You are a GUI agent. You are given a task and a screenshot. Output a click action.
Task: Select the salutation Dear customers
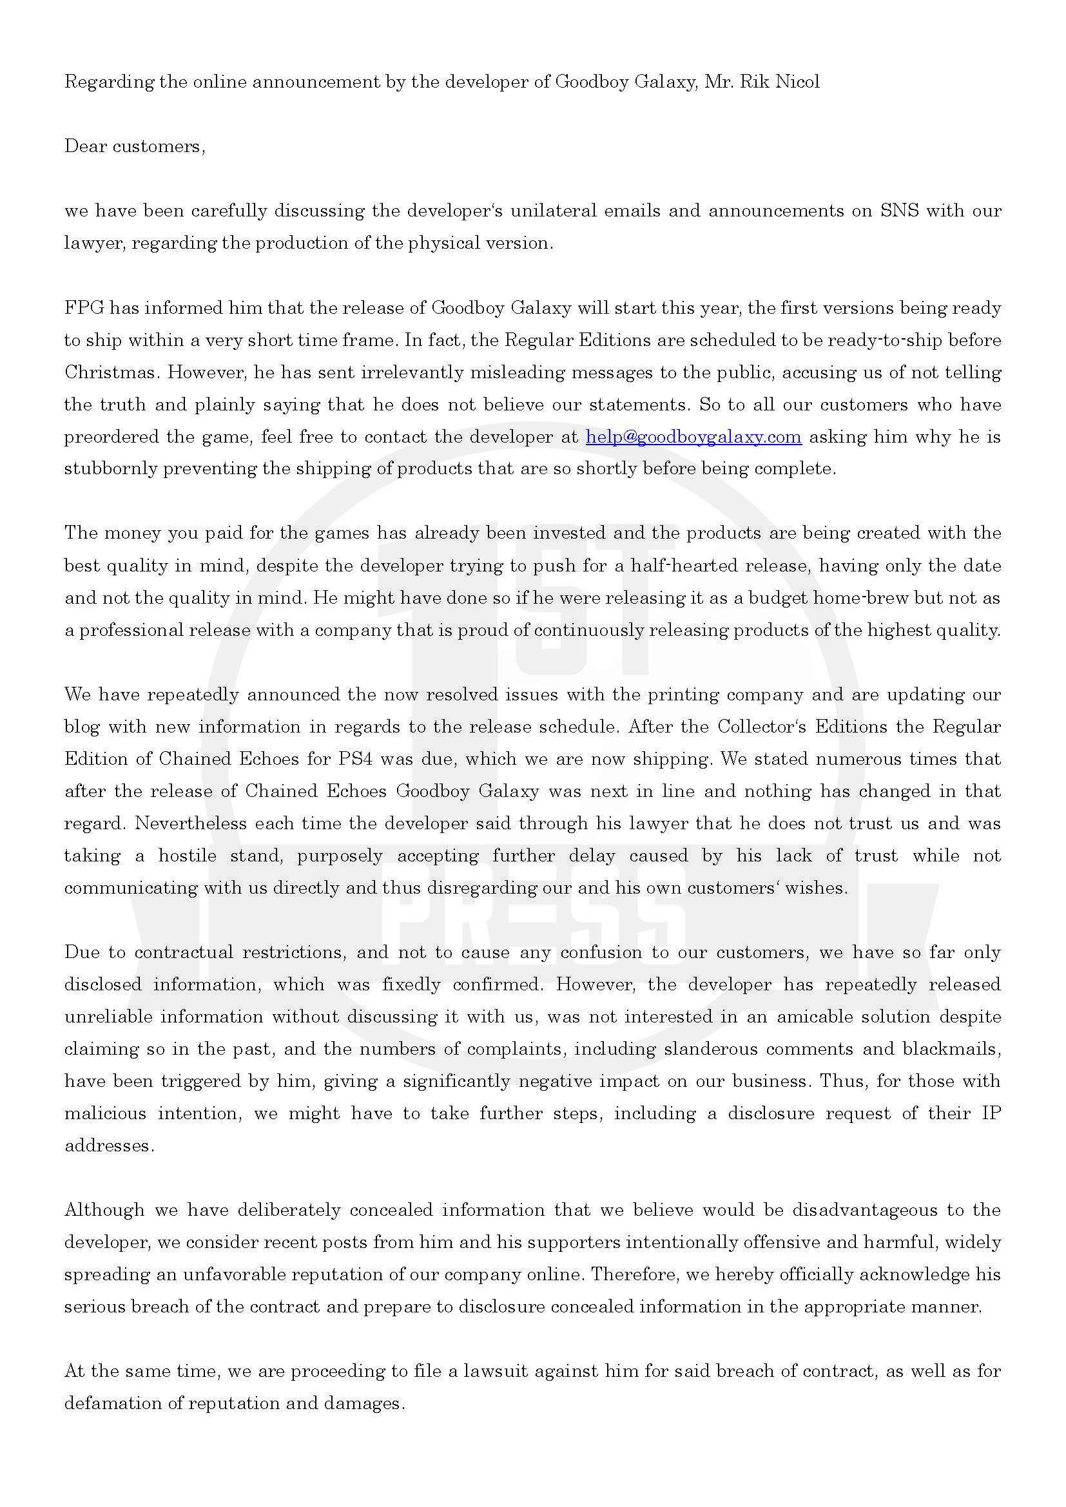click(135, 146)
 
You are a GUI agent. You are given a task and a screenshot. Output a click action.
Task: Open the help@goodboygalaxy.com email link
click(693, 437)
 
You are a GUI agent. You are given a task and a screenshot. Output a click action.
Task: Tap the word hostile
click(187, 856)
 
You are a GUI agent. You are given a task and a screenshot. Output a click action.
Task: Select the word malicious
click(105, 1113)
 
